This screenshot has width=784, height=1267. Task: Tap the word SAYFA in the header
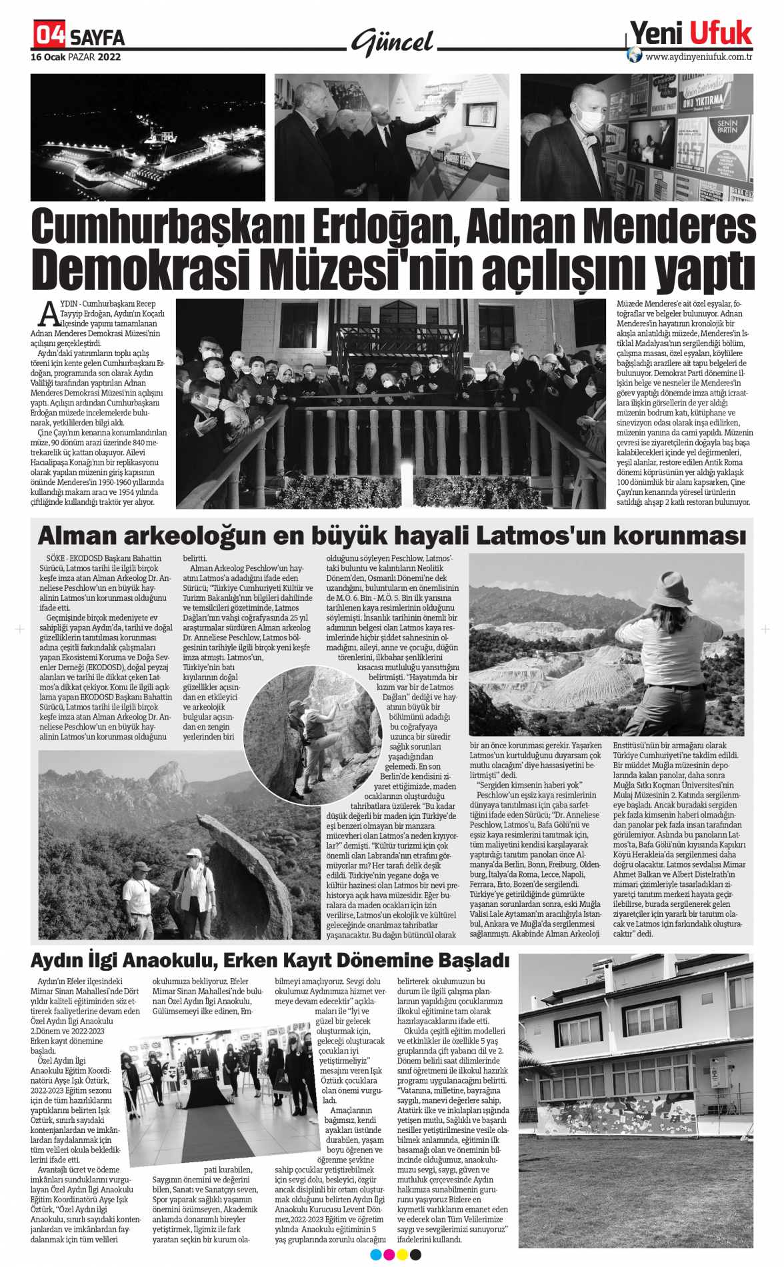coord(97,37)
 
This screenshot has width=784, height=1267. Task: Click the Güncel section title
coord(393,42)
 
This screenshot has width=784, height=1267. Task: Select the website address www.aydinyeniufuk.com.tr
coord(699,57)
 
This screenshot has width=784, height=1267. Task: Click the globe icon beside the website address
coord(635,55)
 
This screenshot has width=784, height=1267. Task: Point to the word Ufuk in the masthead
coord(721,33)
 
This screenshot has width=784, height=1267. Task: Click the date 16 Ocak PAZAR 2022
coord(75,57)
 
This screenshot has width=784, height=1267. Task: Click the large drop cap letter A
coord(49,313)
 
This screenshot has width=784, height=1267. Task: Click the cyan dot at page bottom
coord(375,1255)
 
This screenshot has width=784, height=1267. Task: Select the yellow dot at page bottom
coord(402,1255)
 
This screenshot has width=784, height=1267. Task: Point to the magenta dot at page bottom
coord(389,1255)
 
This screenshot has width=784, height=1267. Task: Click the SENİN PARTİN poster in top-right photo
coord(727,127)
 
